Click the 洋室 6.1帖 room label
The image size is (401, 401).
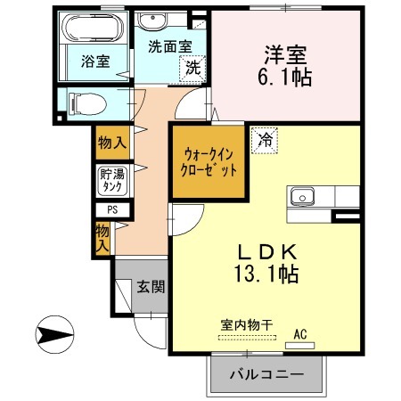tap(287, 65)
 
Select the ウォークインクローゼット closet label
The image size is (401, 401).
tap(205, 161)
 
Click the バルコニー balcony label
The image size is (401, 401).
tap(265, 373)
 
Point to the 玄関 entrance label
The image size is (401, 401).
tap(149, 286)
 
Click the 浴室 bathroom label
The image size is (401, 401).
tap(95, 61)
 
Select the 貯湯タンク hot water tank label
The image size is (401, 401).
tap(112, 181)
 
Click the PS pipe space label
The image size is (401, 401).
tap(112, 210)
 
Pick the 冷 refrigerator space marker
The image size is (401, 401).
tap(265, 139)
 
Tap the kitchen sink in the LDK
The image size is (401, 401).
tap(301, 195)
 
